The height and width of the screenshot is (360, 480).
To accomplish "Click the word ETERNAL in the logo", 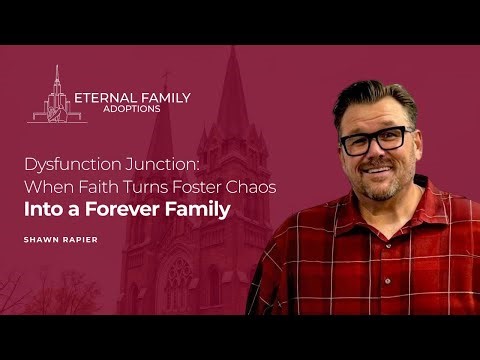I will coord(104,98).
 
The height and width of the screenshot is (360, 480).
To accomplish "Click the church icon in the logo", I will coord(56,98).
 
